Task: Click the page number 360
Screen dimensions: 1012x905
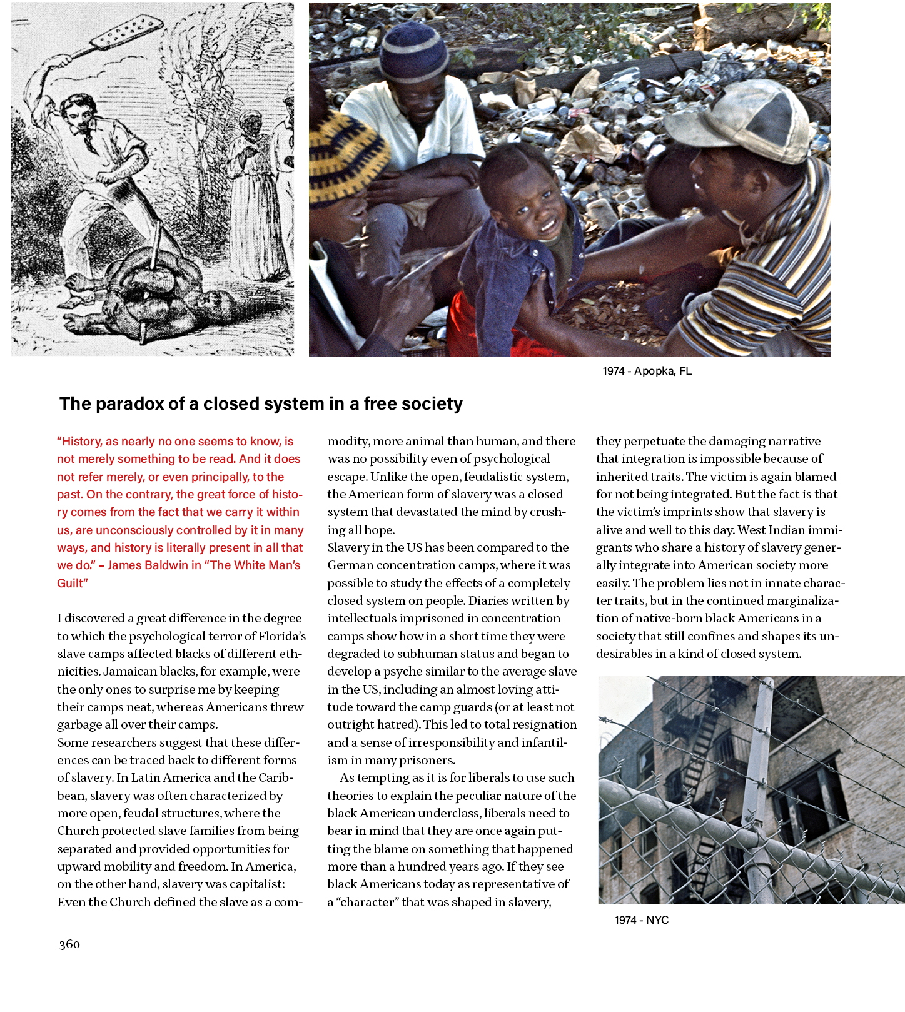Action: [x=69, y=944]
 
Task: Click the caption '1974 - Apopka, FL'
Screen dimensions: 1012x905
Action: [x=647, y=371]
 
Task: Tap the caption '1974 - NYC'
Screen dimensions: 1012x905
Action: [x=641, y=920]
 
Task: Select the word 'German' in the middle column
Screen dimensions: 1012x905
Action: [x=348, y=565]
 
